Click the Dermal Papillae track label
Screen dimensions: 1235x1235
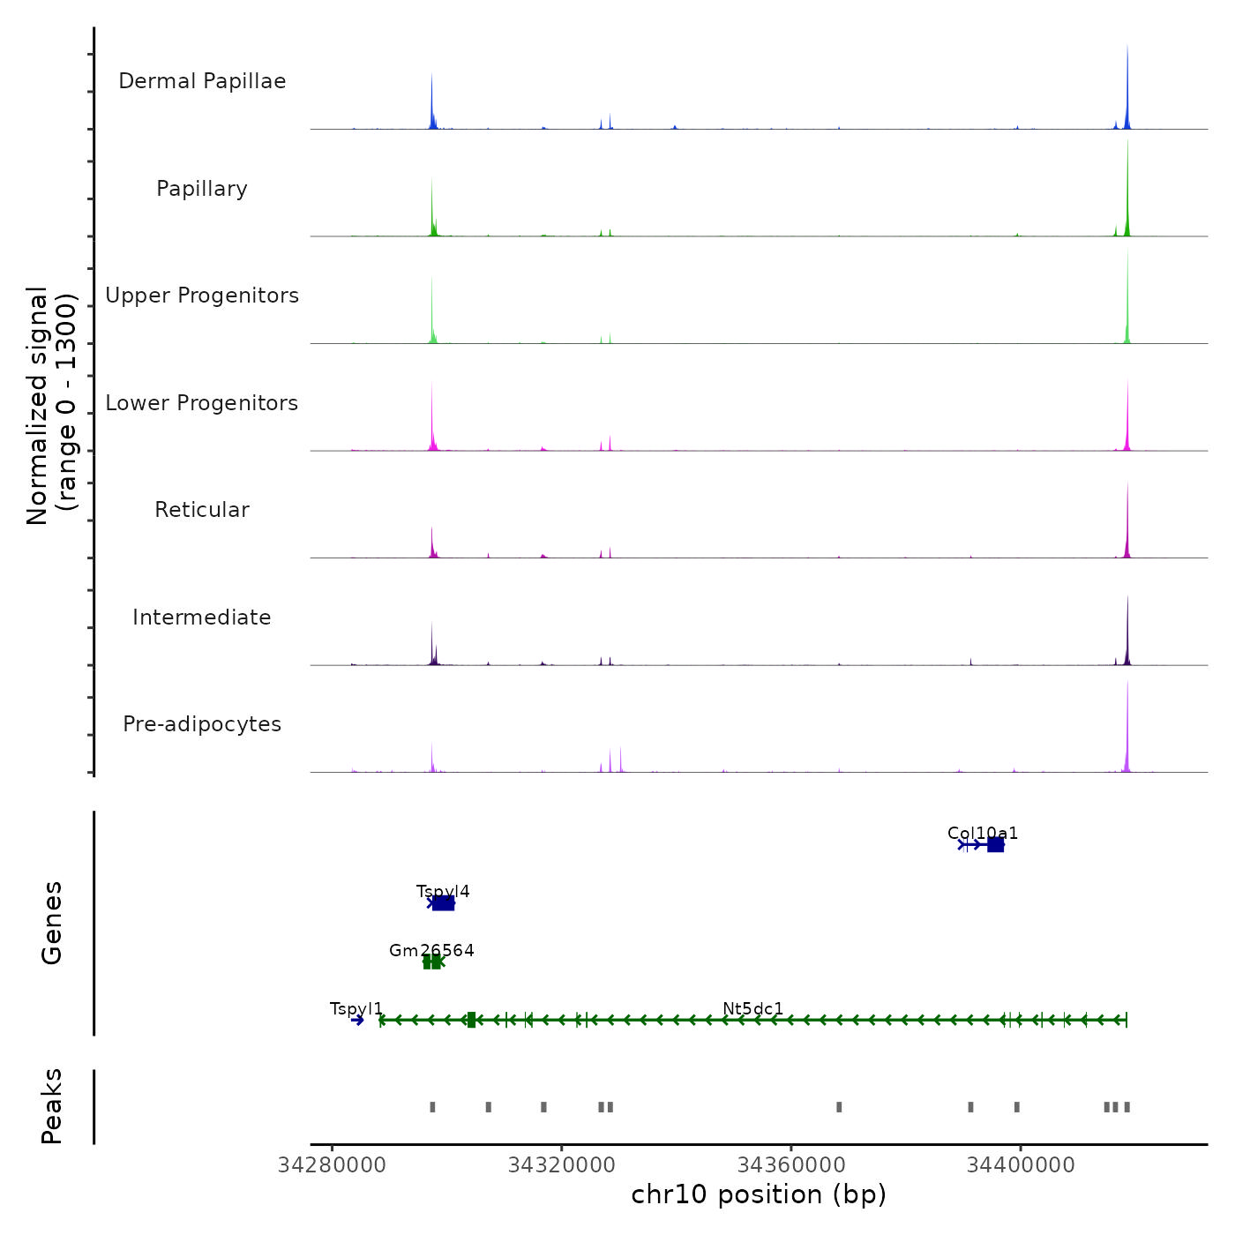click(202, 81)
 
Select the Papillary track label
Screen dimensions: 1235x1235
click(202, 189)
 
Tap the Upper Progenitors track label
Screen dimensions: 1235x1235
click(202, 296)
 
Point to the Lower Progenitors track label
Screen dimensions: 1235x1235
click(202, 403)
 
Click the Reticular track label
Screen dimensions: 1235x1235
click(202, 510)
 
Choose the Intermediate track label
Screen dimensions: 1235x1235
click(202, 617)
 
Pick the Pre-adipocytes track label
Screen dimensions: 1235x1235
click(202, 724)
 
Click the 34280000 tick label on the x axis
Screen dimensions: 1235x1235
click(332, 1165)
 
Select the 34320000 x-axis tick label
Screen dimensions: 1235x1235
click(562, 1165)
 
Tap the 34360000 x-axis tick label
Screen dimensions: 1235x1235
click(791, 1165)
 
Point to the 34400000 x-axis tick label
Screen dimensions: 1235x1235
click(1021, 1165)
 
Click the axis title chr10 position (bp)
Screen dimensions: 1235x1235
click(759, 1194)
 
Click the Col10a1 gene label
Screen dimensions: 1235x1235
click(983, 833)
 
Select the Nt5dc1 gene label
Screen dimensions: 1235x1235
click(752, 1008)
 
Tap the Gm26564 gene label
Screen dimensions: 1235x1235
click(431, 950)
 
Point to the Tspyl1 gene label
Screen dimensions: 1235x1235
click(356, 1008)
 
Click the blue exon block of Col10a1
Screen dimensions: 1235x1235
click(995, 845)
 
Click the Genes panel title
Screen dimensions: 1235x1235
click(52, 923)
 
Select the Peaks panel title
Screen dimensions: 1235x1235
click(52, 1106)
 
